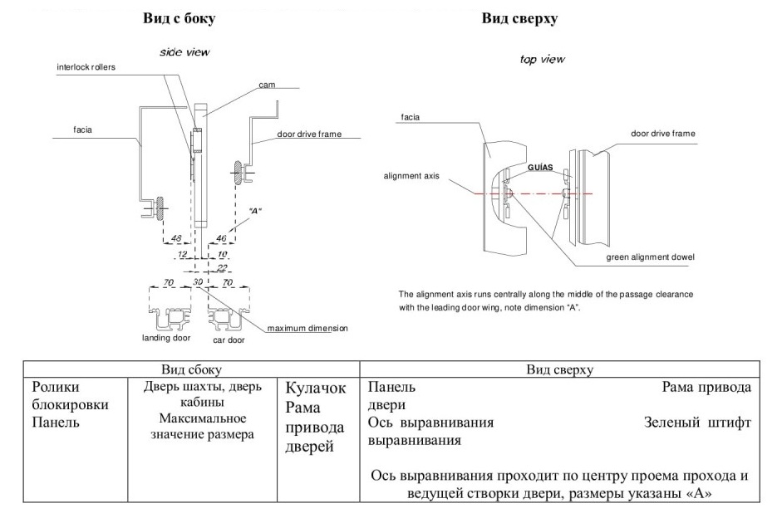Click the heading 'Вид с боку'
coord(179,18)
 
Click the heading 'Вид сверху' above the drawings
coord(519,18)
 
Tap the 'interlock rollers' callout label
coord(86,66)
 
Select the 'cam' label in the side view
coord(267,85)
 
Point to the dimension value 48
coord(176,238)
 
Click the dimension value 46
coord(221,238)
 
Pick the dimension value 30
coord(198,281)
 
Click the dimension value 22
coord(222,267)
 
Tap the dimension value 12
coord(182,254)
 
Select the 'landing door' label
coord(166,338)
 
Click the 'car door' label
coord(229,340)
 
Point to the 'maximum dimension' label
coord(307,328)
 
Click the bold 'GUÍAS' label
coord(540,167)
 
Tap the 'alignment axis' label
coord(411,176)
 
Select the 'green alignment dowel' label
coord(650,257)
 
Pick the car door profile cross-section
coord(228,318)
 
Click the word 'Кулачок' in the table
coord(315,388)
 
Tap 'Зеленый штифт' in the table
coord(697,422)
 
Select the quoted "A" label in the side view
coord(254,211)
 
